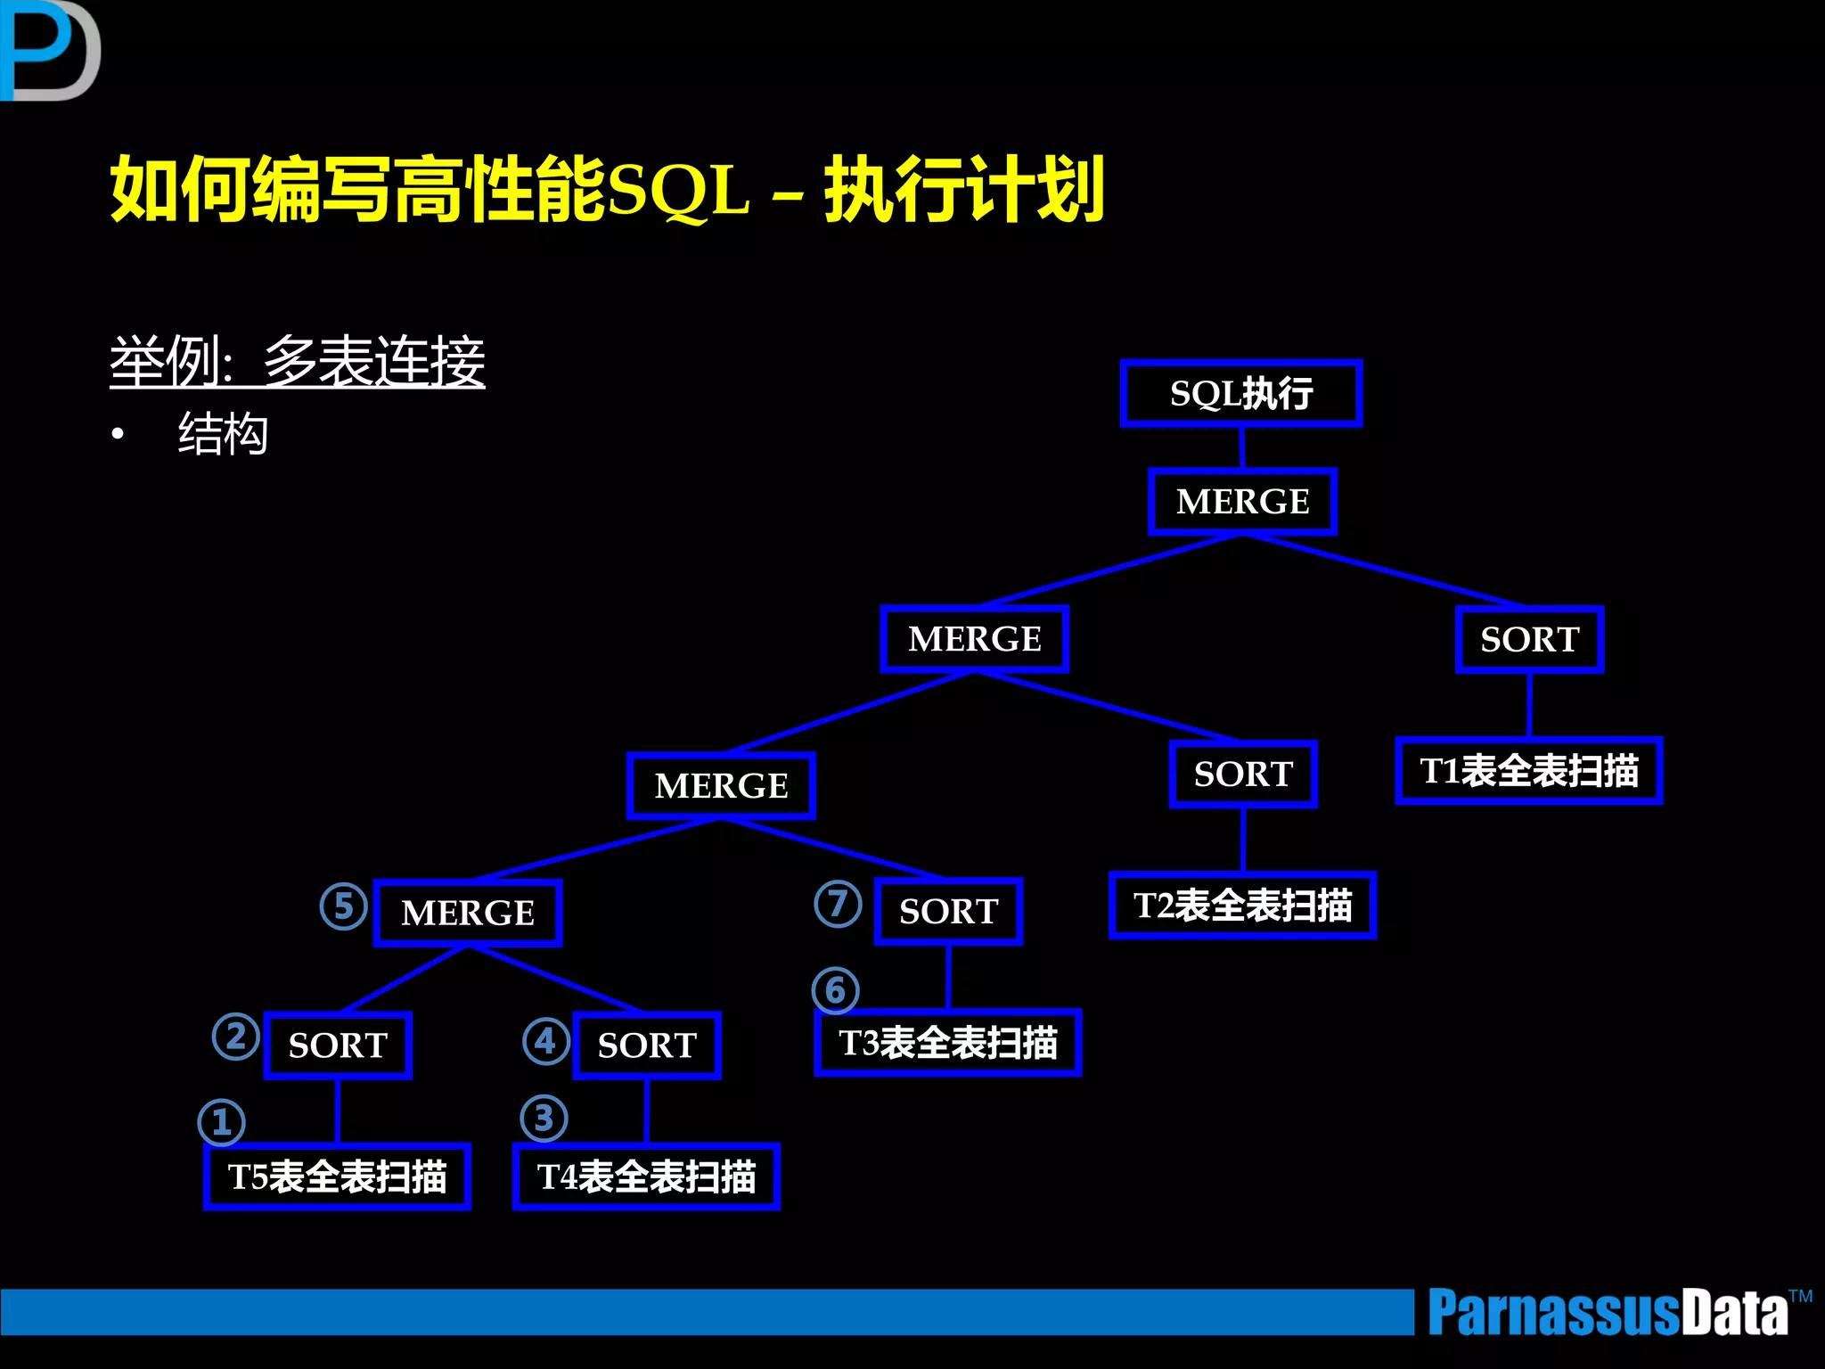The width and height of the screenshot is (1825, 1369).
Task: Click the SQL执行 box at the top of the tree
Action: point(1241,393)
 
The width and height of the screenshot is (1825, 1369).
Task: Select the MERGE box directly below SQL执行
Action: point(1242,501)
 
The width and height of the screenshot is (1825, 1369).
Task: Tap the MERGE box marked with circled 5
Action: point(468,913)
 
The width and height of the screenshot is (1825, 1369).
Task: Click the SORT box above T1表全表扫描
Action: point(1529,639)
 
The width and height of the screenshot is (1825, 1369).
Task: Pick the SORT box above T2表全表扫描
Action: point(1243,774)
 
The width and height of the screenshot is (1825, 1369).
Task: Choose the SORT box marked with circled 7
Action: point(948,911)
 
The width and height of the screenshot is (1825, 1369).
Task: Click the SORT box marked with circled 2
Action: point(338,1045)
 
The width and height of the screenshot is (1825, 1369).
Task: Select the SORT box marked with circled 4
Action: point(647,1045)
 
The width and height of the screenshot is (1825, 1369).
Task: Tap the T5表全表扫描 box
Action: point(338,1176)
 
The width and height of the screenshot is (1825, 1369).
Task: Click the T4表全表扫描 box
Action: point(647,1176)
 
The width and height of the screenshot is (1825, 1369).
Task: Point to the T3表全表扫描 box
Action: point(948,1042)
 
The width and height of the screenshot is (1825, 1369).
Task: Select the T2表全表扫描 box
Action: point(1242,906)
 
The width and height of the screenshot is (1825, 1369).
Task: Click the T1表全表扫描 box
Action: point(1529,771)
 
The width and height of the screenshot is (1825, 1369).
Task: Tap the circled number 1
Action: point(222,1122)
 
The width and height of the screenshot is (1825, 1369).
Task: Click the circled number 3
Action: point(544,1119)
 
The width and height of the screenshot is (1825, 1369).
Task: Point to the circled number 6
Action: point(836,990)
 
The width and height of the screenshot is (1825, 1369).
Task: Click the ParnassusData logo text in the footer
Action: point(1608,1312)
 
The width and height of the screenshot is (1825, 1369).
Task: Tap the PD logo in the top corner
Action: point(49,51)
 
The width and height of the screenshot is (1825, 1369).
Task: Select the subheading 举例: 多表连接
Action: point(298,362)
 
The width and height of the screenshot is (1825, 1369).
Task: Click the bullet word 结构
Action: point(223,434)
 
